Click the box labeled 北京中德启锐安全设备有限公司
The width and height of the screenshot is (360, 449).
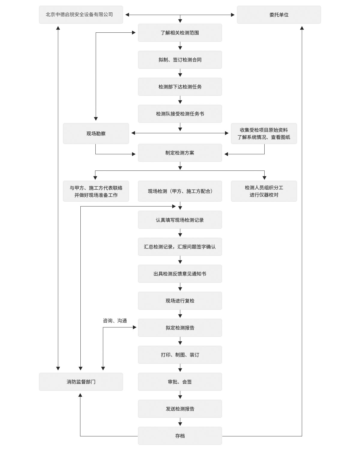point(81,15)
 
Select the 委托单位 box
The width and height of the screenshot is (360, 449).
point(279,15)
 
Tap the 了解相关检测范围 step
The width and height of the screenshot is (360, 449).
point(180,33)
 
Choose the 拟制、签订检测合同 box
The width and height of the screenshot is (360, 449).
point(180,60)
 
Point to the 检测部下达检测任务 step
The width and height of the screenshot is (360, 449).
point(180,87)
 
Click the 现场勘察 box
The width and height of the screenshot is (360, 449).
point(96,134)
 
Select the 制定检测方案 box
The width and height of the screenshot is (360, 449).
point(180,153)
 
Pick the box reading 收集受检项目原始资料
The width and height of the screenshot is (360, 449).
point(264,134)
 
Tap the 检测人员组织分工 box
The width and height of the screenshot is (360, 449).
point(264,191)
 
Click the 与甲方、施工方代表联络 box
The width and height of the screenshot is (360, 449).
point(96,191)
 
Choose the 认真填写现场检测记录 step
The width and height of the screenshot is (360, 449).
point(180,220)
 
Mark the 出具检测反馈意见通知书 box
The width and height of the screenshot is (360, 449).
point(180,274)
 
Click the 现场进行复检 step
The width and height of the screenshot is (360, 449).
point(180,301)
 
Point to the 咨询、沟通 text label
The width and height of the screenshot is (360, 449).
point(115,321)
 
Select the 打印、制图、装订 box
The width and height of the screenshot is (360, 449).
point(180,355)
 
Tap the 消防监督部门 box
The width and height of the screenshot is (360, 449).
point(81,382)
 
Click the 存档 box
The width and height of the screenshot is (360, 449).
point(180,436)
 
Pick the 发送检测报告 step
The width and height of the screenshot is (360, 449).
point(180,409)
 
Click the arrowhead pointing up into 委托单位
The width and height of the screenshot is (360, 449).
point(302,28)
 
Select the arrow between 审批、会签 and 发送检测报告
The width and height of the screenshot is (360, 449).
point(180,395)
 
